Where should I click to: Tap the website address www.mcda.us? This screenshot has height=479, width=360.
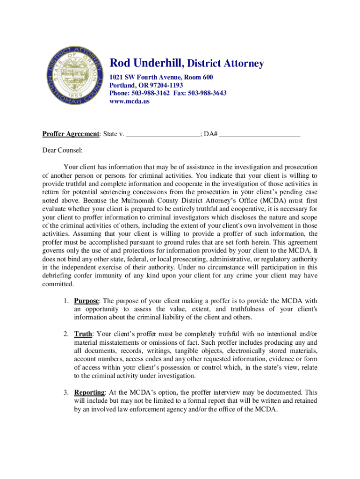pos(130,101)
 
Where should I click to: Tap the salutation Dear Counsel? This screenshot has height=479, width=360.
pos(62,151)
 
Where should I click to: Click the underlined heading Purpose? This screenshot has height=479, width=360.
pos(86,301)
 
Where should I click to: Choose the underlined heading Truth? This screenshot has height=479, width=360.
pos(83,334)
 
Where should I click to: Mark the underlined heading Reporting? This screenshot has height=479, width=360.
pos(89,392)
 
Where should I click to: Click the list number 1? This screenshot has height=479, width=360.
pos(67,301)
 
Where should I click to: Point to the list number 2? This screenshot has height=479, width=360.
pos(67,334)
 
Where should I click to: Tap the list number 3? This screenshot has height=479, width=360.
pos(67,392)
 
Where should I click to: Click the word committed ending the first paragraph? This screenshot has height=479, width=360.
pos(58,284)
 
